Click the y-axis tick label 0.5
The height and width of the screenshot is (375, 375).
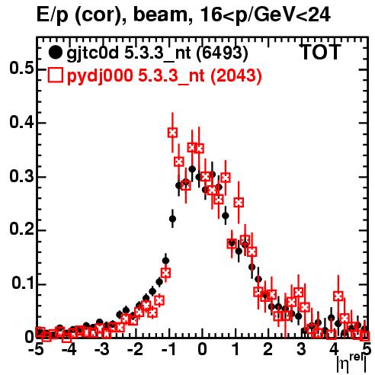[21, 69]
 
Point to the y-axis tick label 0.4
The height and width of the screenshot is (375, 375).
[21, 123]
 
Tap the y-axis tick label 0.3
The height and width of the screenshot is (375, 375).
[21, 176]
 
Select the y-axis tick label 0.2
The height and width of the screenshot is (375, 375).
[21, 230]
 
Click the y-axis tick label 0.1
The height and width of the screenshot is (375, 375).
[22, 284]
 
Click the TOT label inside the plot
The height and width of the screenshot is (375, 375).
[321, 52]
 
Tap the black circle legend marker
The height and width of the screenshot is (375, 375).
[55, 53]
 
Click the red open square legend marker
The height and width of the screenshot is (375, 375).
[55, 75]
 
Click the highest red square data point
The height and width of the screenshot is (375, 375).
[172, 133]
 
